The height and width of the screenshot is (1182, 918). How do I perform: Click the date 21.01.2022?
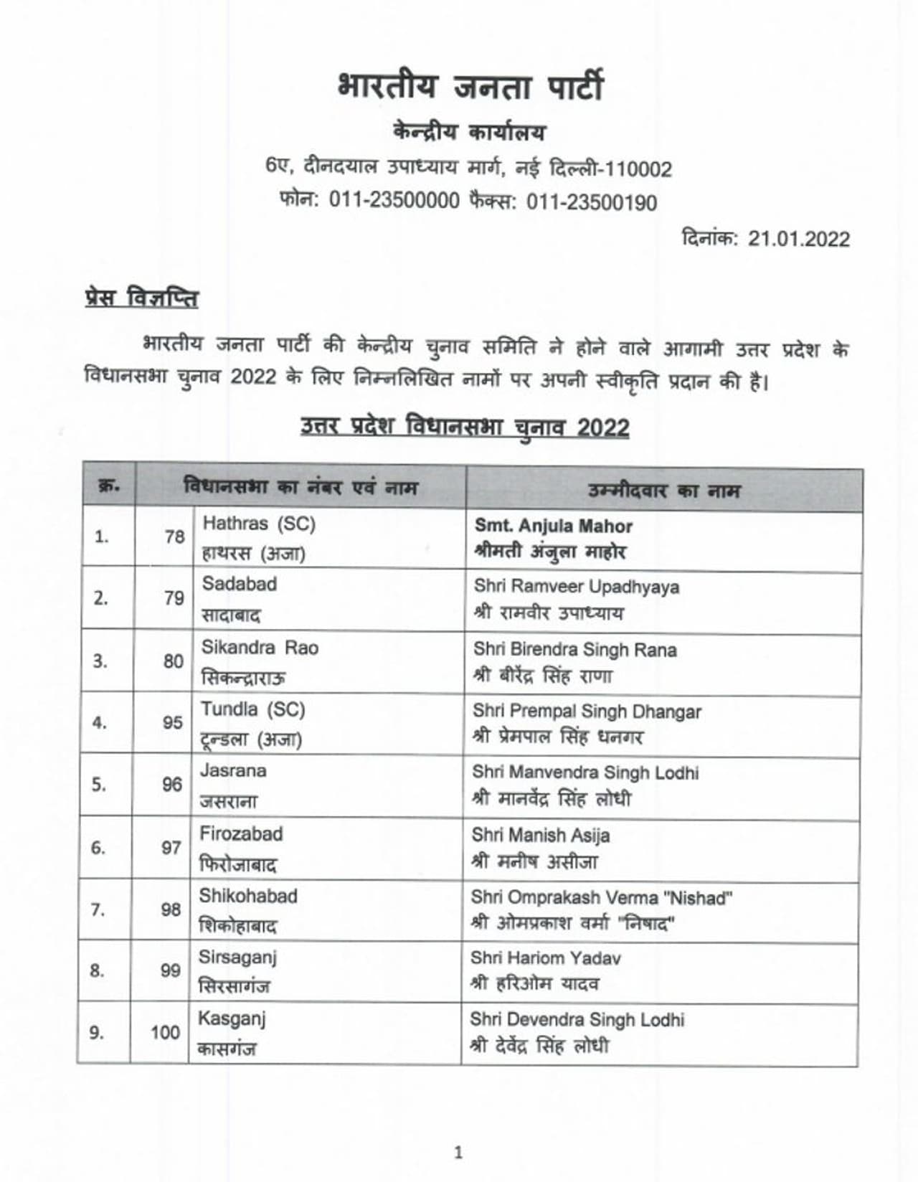(798, 239)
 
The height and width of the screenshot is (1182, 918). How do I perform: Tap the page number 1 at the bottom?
(458, 1153)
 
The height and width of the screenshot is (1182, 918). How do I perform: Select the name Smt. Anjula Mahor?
(553, 526)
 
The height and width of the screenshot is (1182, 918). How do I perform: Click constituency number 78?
(174, 536)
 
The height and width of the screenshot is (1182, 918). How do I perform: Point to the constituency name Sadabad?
(239, 584)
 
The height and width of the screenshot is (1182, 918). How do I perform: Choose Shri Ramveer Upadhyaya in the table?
(576, 587)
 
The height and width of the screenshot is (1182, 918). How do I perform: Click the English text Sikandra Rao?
(259, 648)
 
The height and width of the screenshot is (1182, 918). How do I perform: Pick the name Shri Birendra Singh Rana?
(574, 650)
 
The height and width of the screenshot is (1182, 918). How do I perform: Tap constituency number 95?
(172, 722)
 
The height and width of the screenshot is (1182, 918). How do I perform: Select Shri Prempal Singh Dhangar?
(587, 711)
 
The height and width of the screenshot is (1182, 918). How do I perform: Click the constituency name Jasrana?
(232, 771)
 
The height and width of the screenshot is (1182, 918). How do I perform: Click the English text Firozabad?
(241, 833)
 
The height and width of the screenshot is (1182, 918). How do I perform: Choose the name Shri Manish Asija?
(541, 836)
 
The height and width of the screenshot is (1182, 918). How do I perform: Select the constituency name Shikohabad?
(248, 896)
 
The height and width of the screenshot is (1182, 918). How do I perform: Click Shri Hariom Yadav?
(545, 958)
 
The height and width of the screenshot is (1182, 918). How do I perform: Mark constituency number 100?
(165, 1033)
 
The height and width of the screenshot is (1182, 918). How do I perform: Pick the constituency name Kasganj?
(232, 1019)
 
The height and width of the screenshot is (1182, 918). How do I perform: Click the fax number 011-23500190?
(592, 203)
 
